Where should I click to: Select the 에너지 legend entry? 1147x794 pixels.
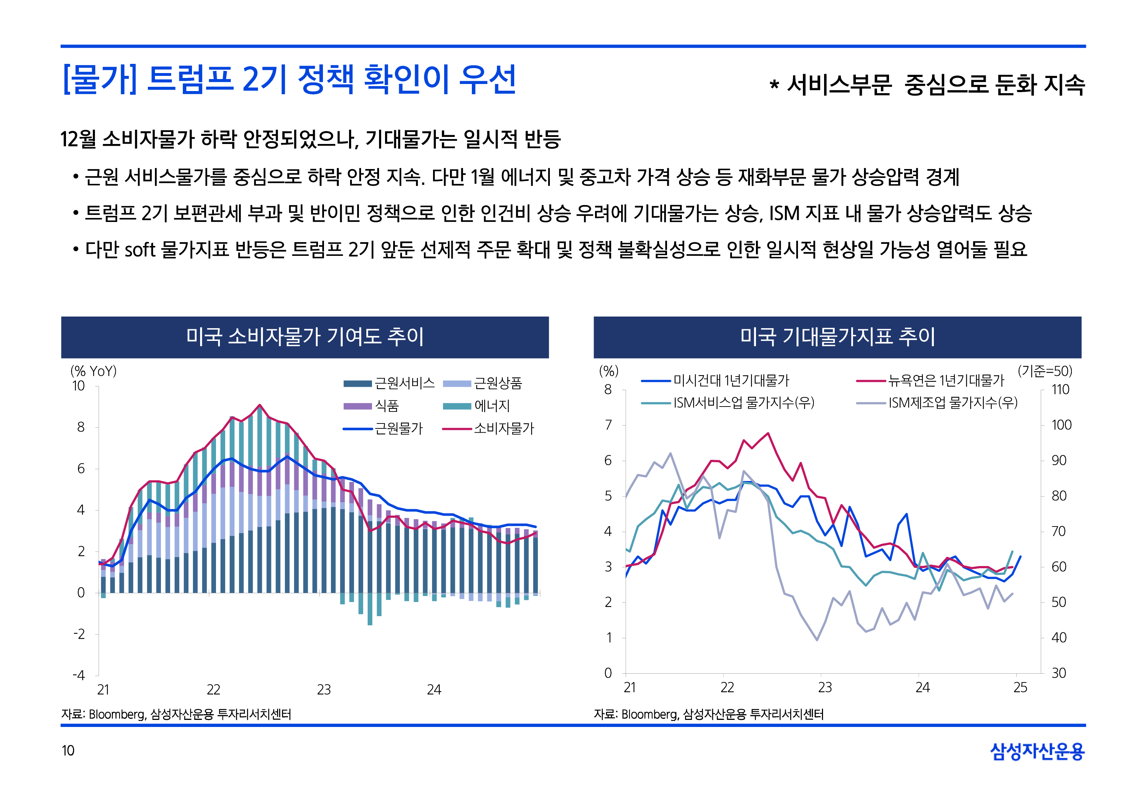tap(491, 406)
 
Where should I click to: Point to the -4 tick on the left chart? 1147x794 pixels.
tap(79, 675)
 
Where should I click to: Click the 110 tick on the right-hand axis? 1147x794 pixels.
tap(1060, 390)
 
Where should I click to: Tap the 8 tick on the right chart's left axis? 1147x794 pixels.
tap(608, 390)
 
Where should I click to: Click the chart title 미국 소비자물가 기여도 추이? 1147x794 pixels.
tap(305, 337)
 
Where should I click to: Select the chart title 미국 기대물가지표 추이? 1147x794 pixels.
tap(837, 337)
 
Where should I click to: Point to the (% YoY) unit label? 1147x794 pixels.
tap(94, 371)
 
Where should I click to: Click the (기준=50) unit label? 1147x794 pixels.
tap(1045, 371)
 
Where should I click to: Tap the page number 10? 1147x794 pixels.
tap(68, 750)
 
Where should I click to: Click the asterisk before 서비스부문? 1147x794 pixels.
tap(774, 85)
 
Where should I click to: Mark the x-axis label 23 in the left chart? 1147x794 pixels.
tap(324, 690)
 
